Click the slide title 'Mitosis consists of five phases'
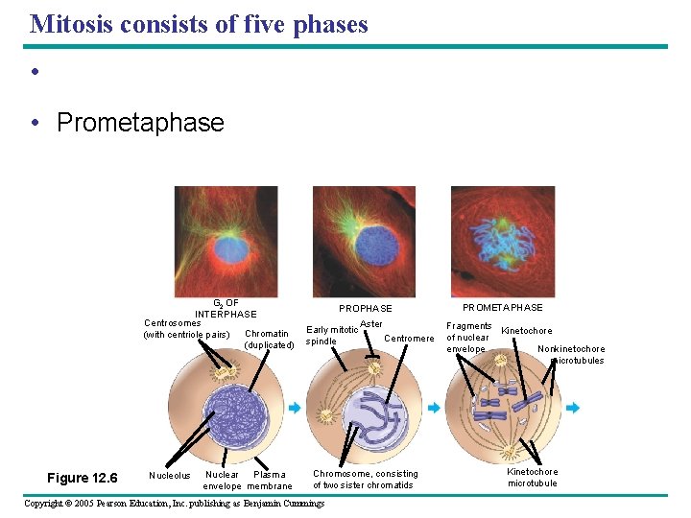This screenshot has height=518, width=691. (199, 24)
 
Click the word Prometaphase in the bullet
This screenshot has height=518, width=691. (140, 123)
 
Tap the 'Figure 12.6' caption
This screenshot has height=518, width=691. (83, 478)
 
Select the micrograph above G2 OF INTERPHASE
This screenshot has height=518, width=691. (226, 241)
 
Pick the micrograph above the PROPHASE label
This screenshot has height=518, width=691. (364, 241)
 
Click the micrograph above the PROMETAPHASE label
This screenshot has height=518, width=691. (502, 241)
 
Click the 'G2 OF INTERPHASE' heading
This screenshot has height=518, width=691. (226, 309)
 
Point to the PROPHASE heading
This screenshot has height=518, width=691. (365, 309)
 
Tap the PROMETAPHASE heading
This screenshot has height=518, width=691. (502, 308)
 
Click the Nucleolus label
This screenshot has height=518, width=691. (170, 475)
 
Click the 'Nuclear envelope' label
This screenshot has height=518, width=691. (223, 480)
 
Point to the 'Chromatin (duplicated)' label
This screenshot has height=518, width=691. (269, 340)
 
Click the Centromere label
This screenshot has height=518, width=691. (409, 339)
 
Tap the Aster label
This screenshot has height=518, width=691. (371, 324)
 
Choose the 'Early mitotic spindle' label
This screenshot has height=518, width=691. (330, 336)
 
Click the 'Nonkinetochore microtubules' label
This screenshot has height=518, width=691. (573, 355)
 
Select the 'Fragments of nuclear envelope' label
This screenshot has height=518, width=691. (468, 338)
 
